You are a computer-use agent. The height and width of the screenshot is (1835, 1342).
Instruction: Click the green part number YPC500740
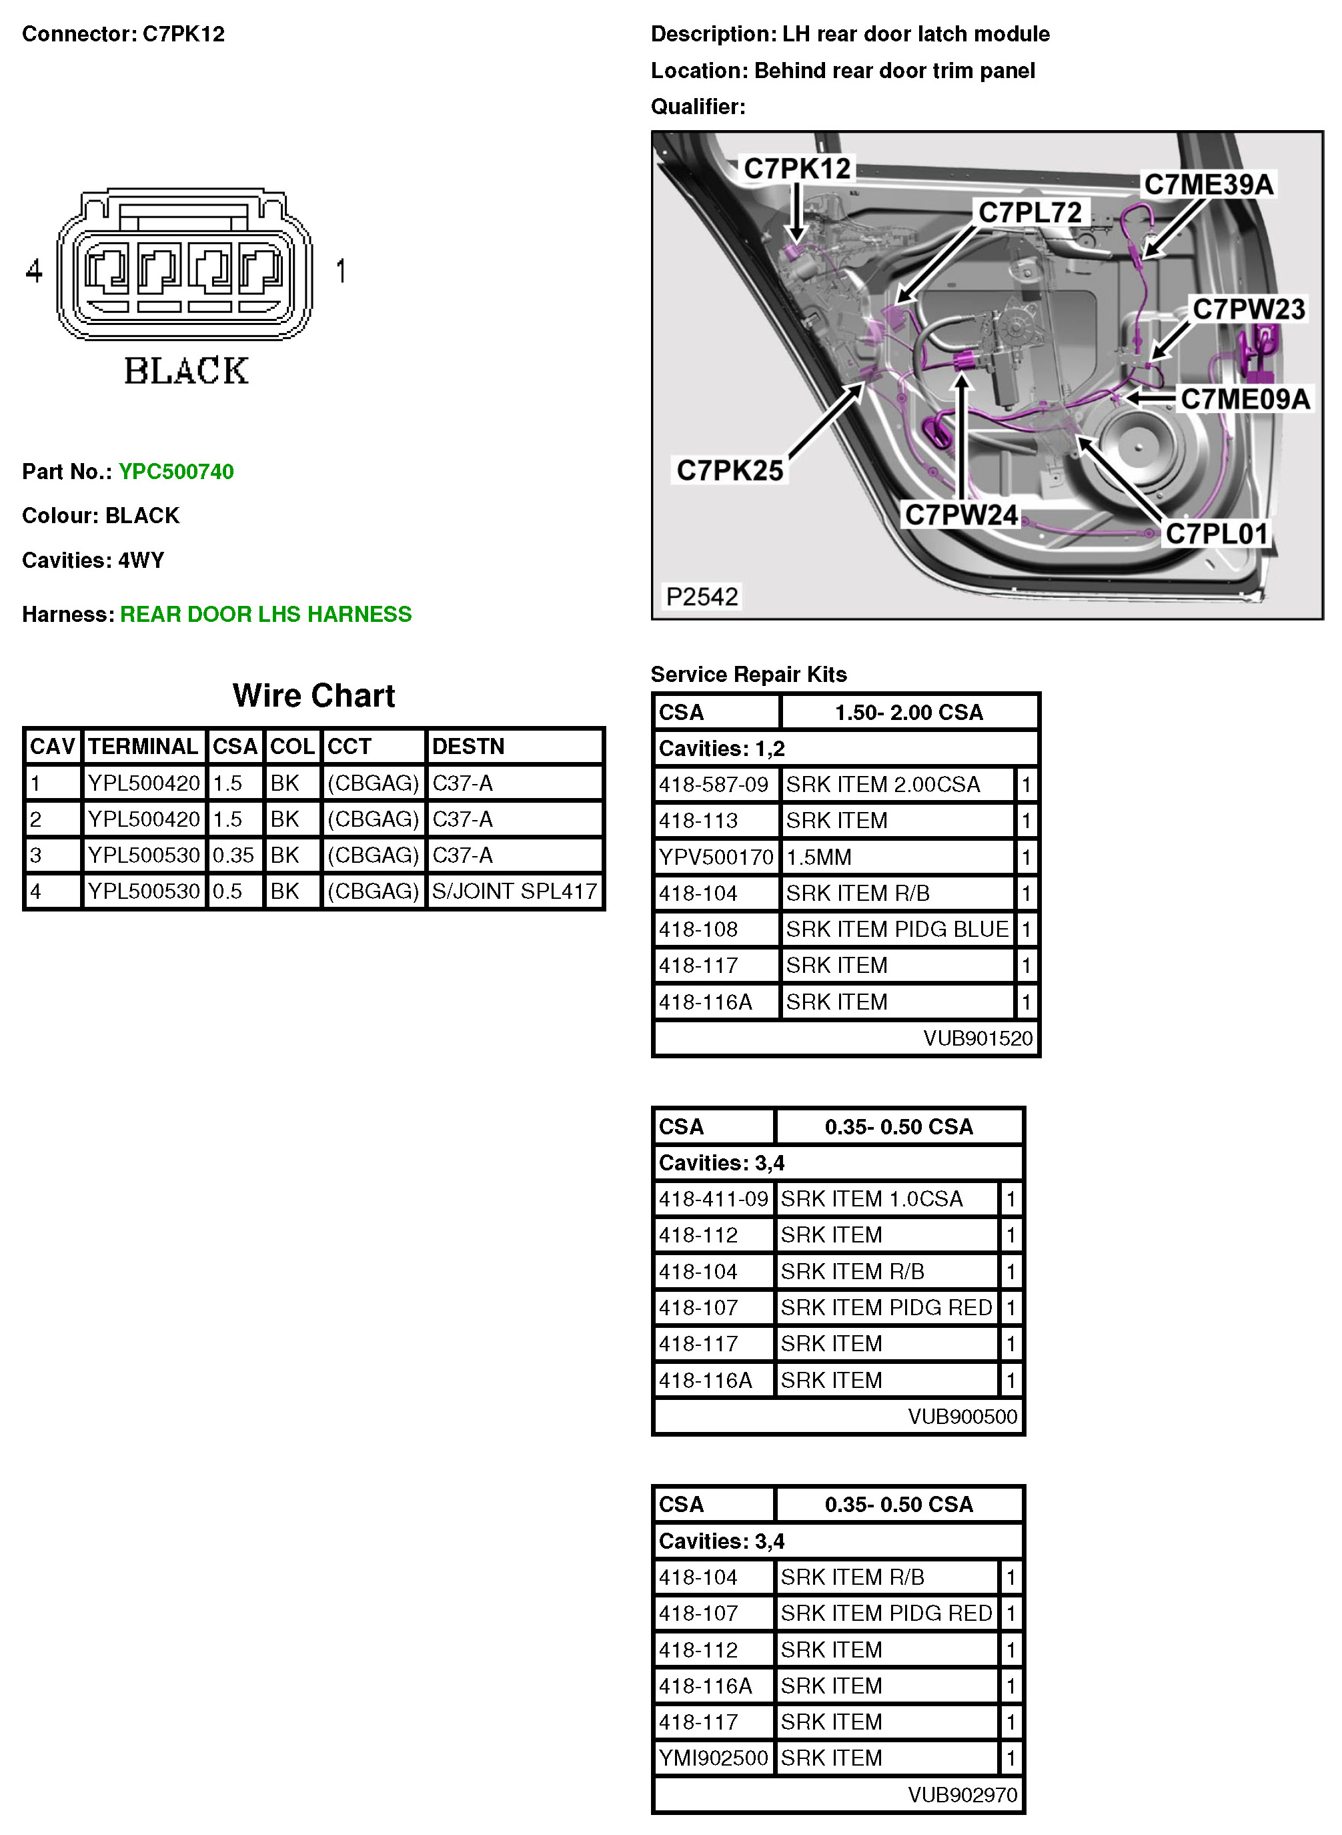176,472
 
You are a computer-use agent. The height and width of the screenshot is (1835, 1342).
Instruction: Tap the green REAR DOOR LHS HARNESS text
265,615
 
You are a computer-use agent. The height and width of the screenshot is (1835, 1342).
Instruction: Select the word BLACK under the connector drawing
186,372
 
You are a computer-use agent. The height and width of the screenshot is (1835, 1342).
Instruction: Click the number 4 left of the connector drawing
34,271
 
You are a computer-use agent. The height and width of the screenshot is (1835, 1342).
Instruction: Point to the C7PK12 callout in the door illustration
797,169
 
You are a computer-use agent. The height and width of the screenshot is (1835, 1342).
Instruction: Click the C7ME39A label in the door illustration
1208,184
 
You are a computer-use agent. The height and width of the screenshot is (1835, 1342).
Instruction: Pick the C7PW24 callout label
961,514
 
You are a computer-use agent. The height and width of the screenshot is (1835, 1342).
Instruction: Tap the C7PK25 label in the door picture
730,470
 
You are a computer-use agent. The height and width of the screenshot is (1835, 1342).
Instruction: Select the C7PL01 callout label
1216,534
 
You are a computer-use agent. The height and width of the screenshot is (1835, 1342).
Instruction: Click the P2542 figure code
702,597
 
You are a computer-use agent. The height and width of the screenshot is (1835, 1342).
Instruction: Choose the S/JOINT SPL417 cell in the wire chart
514,891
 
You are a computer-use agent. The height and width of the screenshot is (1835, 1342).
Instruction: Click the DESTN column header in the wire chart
468,746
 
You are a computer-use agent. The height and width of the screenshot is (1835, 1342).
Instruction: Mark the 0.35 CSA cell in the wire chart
233,855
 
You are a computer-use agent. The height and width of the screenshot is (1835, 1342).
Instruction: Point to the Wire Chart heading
313,696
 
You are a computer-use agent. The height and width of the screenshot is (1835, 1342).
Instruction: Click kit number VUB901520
977,1038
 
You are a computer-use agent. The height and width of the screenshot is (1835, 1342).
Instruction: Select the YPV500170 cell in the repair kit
716,857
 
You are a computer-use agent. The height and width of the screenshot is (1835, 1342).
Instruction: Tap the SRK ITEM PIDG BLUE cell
897,929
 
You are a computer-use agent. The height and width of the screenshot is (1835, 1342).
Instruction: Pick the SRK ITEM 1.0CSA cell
872,1198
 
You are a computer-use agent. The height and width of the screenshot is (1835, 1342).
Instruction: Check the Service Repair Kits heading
748,675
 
